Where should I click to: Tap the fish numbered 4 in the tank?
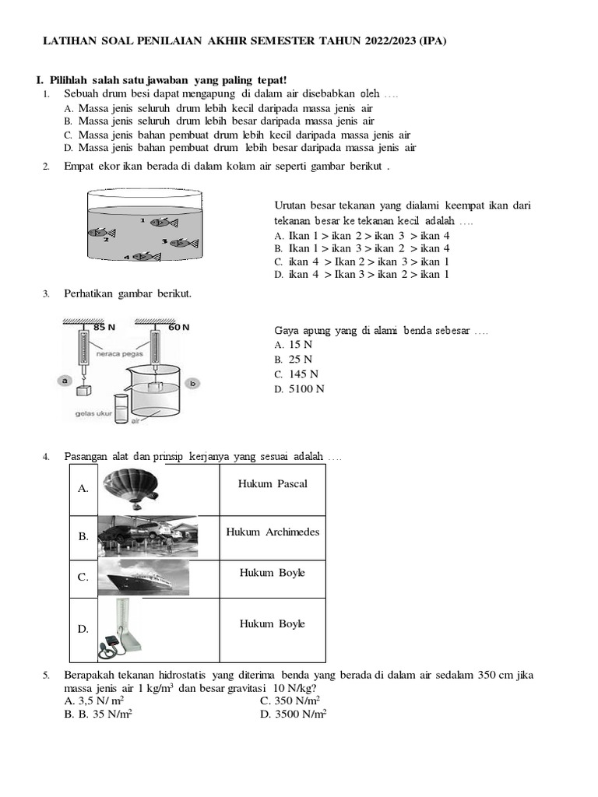[145, 256]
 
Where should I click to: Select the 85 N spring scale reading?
[104, 327]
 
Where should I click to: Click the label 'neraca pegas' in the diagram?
[118, 353]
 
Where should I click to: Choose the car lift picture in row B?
[148, 537]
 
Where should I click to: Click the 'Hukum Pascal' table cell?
[273, 484]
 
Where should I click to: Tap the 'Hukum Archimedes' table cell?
[273, 532]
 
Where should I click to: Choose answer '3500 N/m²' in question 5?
[300, 713]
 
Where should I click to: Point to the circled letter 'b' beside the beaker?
[193, 383]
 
